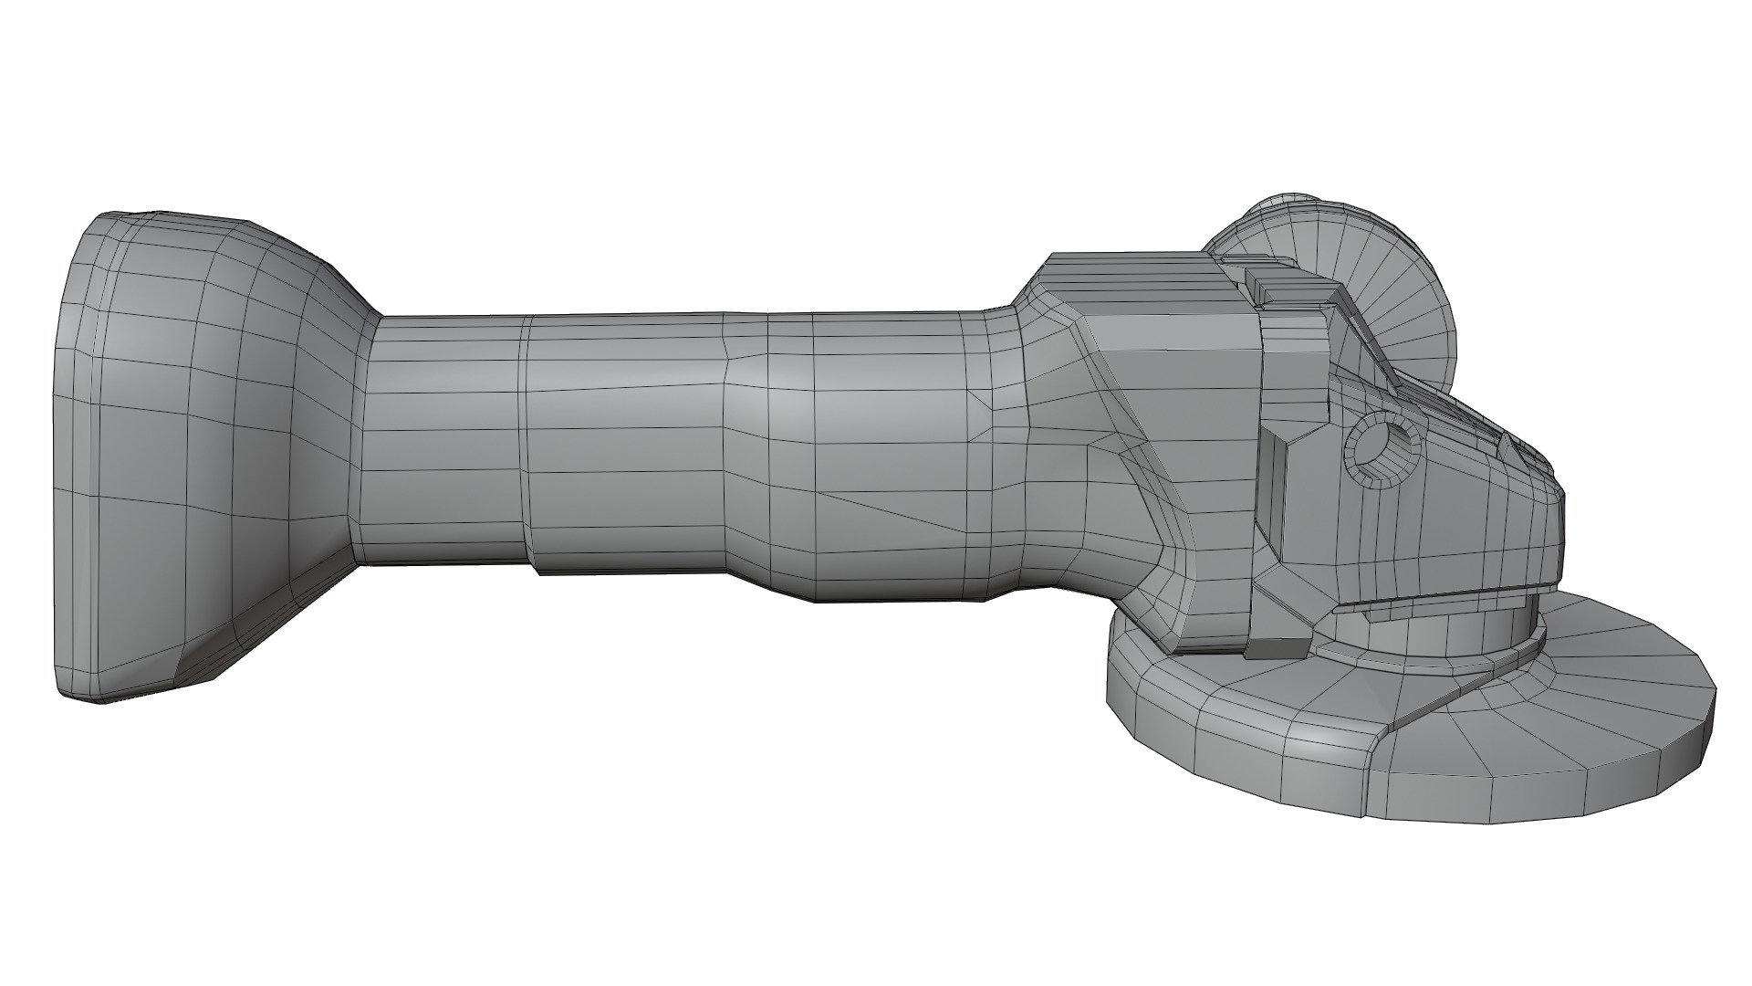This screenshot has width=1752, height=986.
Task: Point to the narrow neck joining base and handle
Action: (365, 438)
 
